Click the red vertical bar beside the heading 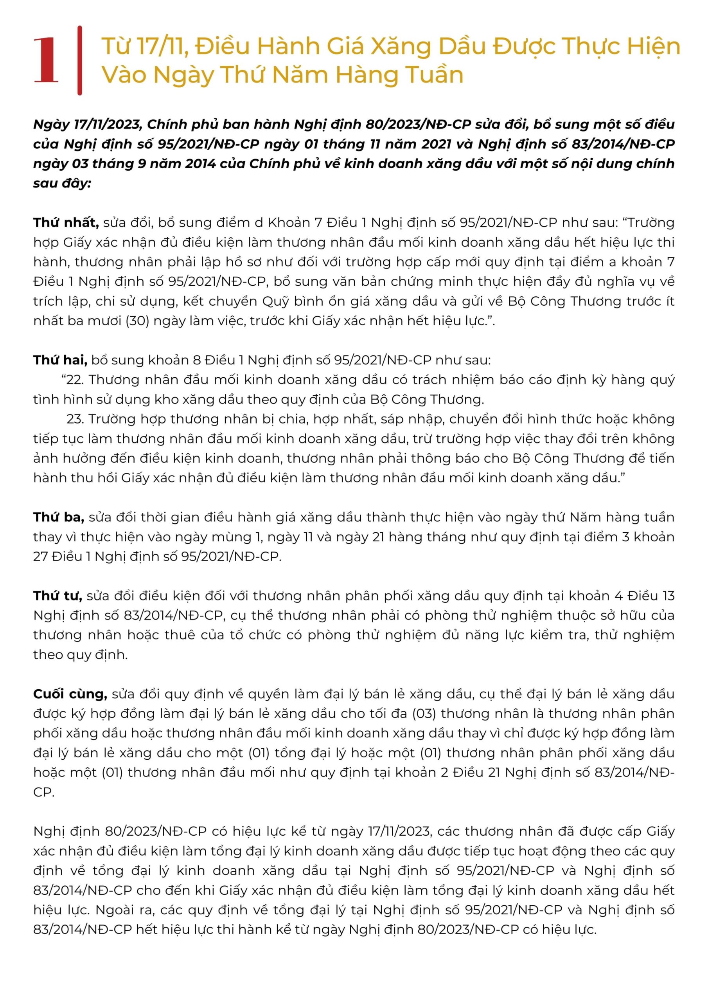point(79,60)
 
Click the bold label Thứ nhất point(65,223)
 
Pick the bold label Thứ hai point(60,360)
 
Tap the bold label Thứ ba point(58,517)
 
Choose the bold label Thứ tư point(58,596)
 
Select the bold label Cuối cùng point(70,694)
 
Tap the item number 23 point(75,419)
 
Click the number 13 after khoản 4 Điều point(667,596)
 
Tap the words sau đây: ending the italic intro point(62,183)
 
